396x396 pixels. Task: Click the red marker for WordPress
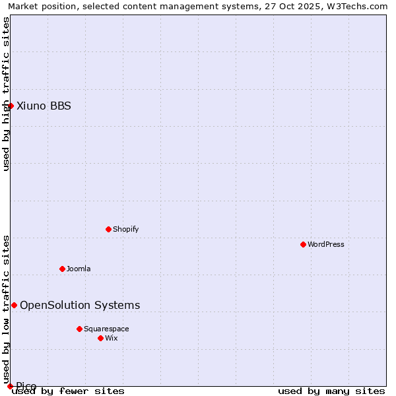click(303, 244)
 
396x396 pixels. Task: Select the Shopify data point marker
click(108, 229)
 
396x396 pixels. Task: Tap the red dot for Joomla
click(62, 269)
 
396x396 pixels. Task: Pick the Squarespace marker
click(79, 329)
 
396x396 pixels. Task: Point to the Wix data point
click(100, 338)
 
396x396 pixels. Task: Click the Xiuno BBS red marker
click(11, 106)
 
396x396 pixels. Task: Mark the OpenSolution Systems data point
click(14, 305)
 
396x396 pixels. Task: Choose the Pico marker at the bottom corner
click(10, 386)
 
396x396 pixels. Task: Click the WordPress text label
click(326, 244)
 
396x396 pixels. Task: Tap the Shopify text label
click(125, 229)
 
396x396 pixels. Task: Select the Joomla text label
click(79, 269)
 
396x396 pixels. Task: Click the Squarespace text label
click(106, 329)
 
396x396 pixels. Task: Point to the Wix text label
click(112, 338)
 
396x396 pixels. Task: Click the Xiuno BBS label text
click(44, 106)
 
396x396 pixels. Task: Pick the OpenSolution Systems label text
click(80, 305)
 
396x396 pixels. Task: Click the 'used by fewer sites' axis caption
click(68, 391)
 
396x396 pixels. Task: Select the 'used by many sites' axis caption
click(331, 391)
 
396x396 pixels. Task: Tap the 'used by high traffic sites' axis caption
click(6, 94)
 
